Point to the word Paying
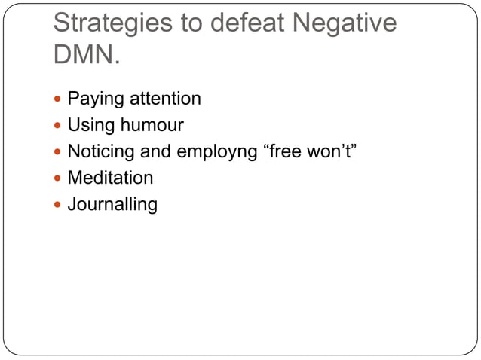pyautogui.click(x=94, y=99)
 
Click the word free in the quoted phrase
pyautogui.click(x=284, y=151)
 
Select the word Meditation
pyautogui.click(x=110, y=178)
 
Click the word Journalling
pyautogui.click(x=112, y=205)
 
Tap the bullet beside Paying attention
pyautogui.click(x=58, y=99)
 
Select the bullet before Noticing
pyautogui.click(x=58, y=152)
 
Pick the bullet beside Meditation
pyautogui.click(x=58, y=178)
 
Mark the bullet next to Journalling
pyautogui.click(x=58, y=205)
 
